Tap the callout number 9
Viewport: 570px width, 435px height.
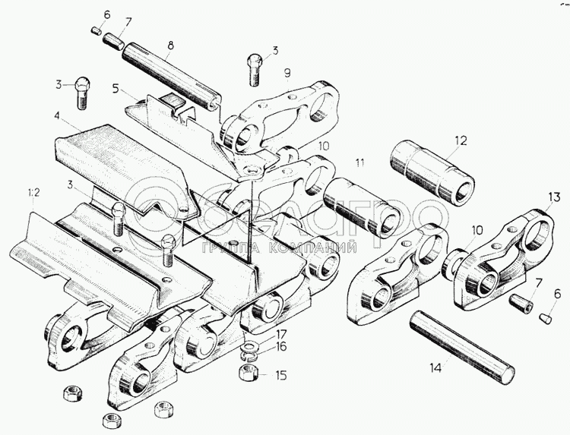[288, 73]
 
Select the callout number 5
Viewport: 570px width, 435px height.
[116, 88]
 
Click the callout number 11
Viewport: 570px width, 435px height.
[360, 162]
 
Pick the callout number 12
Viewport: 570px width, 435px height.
[459, 140]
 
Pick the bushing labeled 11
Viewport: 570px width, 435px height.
[359, 205]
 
